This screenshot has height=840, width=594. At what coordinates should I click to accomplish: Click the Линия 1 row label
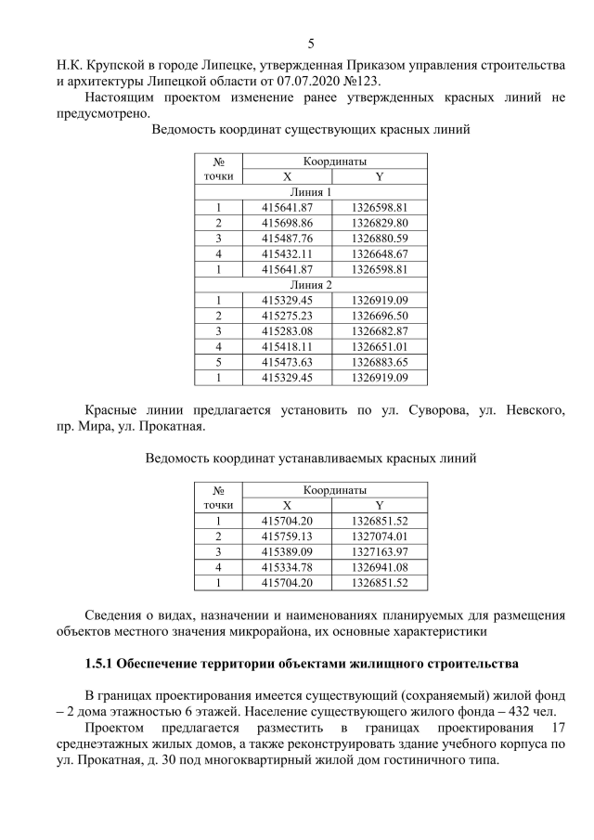point(311,192)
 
